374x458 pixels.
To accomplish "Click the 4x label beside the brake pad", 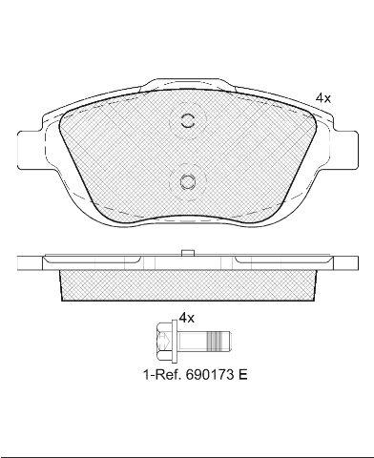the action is [323, 98].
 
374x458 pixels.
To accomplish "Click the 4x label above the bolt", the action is [186, 318].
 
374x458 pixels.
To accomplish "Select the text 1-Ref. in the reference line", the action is [163, 375].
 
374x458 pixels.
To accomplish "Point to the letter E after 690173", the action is [242, 375].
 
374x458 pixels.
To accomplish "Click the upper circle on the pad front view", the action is [187, 120].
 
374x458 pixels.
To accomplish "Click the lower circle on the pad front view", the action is [187, 181].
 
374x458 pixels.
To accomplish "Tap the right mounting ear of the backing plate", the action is [345, 150].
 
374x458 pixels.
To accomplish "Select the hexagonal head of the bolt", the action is [164, 342].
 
